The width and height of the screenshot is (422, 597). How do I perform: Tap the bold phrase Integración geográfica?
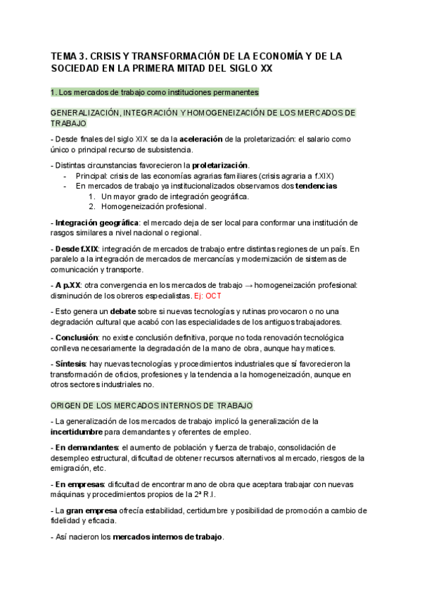pyautogui.click(x=86, y=222)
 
